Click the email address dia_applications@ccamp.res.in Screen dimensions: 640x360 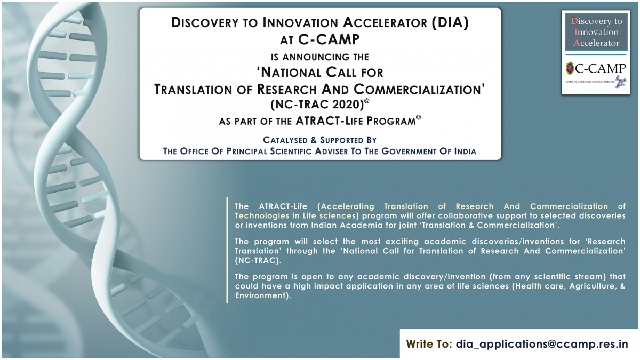coord(542,345)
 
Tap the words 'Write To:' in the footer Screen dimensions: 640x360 coord(429,343)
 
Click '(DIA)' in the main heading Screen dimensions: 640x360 coord(450,22)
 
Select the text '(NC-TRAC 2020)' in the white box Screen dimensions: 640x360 coord(317,105)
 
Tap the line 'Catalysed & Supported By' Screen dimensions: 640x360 coord(319,140)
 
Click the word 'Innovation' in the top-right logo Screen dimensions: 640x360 coord(596,32)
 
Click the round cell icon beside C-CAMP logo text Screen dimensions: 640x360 coord(570,68)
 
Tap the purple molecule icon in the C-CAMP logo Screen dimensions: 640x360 coord(620,81)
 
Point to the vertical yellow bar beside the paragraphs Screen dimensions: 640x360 coord(227,250)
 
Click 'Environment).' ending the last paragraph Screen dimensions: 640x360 coord(263,295)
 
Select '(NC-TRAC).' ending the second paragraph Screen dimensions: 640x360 coord(258,261)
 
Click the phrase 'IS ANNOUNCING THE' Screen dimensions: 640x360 coord(319,57)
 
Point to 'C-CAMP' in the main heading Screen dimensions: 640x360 coord(329,39)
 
